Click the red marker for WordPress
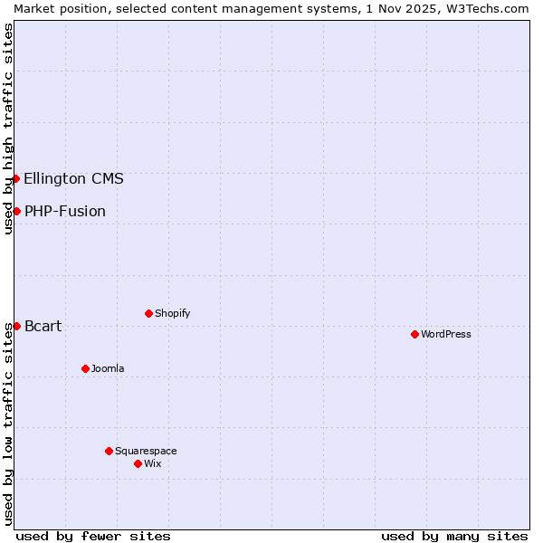click(414, 334)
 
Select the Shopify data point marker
click(148, 313)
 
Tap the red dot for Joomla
click(85, 368)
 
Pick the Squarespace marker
click(109, 451)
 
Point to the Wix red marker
click(138, 463)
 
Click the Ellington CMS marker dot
click(16, 178)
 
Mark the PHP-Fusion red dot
click(16, 211)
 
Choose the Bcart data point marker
click(16, 326)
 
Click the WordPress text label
click(446, 334)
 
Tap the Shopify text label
click(173, 313)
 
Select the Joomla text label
click(108, 368)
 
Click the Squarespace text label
click(146, 451)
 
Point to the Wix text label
click(153, 463)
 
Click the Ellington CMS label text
click(74, 178)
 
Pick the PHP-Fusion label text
click(65, 211)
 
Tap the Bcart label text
click(43, 326)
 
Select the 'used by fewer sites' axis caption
click(93, 536)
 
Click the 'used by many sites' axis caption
click(454, 536)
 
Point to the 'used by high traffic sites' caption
click(8, 129)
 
